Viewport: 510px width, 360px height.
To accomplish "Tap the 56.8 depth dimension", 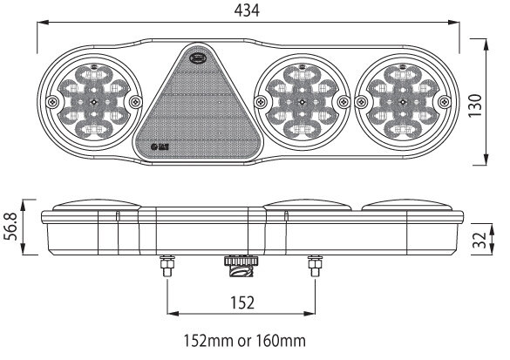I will click(x=10, y=228).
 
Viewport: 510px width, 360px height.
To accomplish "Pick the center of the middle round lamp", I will click(x=301, y=102).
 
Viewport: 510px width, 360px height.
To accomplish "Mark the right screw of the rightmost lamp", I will click(x=441, y=102).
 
